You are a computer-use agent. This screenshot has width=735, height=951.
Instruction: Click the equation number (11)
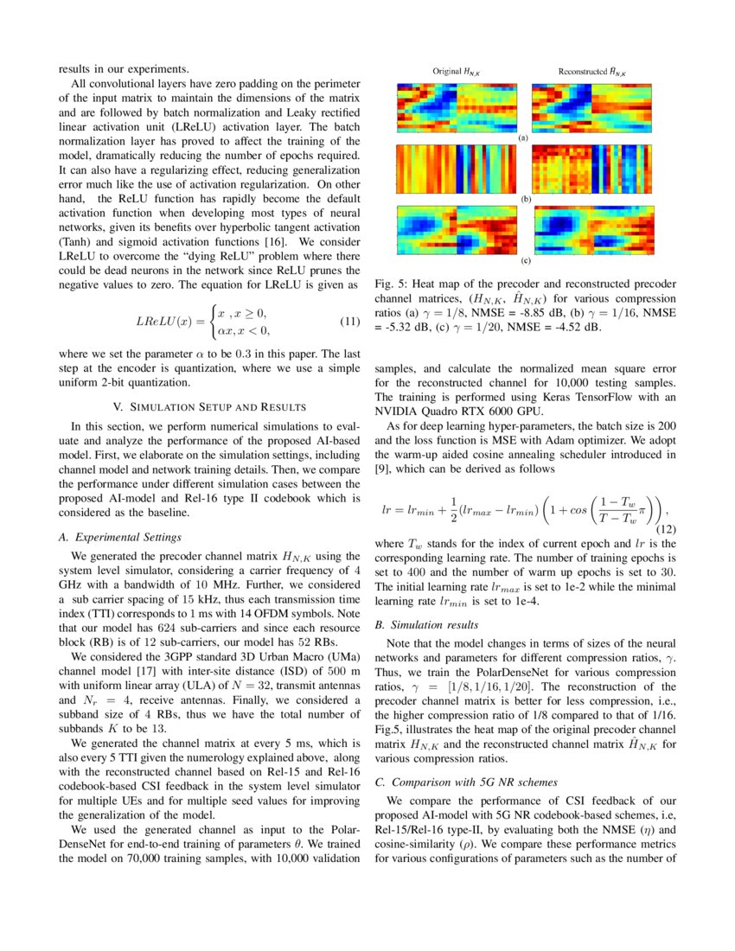tap(349, 322)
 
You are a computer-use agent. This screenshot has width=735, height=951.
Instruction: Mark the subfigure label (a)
tap(523, 137)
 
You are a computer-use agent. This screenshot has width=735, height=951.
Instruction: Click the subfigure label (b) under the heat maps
tap(523, 198)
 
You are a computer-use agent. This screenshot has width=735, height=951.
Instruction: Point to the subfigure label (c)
tap(523, 259)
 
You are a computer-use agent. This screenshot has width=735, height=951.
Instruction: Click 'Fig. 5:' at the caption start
tap(392, 284)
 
